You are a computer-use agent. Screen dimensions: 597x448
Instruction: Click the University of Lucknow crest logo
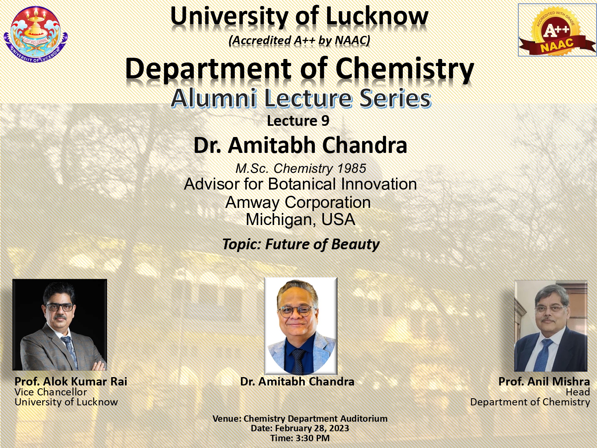click(36, 34)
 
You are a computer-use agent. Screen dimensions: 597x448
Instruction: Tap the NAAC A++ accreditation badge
click(557, 30)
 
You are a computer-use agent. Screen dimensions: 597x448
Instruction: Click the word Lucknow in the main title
click(377, 16)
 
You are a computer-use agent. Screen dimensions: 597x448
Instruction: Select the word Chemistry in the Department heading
click(405, 69)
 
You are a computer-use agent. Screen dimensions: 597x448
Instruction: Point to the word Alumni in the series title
click(214, 98)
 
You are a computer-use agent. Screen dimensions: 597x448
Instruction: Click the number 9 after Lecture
click(325, 121)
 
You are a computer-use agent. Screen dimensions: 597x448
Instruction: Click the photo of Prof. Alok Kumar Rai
click(60, 325)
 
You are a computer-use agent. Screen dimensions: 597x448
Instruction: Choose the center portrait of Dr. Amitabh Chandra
click(301, 326)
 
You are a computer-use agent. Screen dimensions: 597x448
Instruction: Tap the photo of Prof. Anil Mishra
click(551, 326)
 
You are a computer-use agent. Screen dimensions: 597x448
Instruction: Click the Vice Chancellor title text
click(51, 392)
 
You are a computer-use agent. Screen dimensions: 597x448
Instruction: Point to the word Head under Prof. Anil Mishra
click(577, 392)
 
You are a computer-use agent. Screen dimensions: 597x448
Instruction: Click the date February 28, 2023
click(312, 428)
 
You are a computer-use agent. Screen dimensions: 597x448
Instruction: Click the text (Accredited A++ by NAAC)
click(299, 41)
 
